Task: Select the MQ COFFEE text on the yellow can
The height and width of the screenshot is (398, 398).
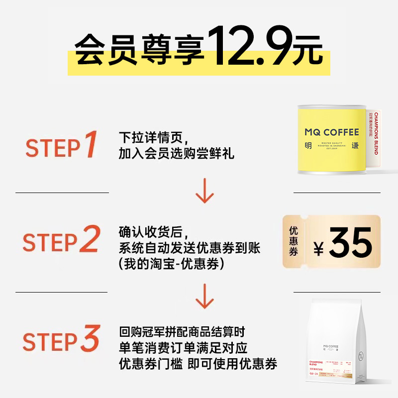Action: tap(331, 132)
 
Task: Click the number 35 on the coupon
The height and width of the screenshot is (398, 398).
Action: tap(350, 242)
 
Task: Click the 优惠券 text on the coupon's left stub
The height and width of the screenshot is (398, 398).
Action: tap(294, 242)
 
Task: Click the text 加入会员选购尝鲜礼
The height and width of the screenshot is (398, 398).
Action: tap(176, 154)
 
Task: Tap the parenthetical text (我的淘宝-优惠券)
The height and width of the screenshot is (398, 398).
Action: tap(172, 264)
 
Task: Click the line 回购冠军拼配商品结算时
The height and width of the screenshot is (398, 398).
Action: tap(182, 331)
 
